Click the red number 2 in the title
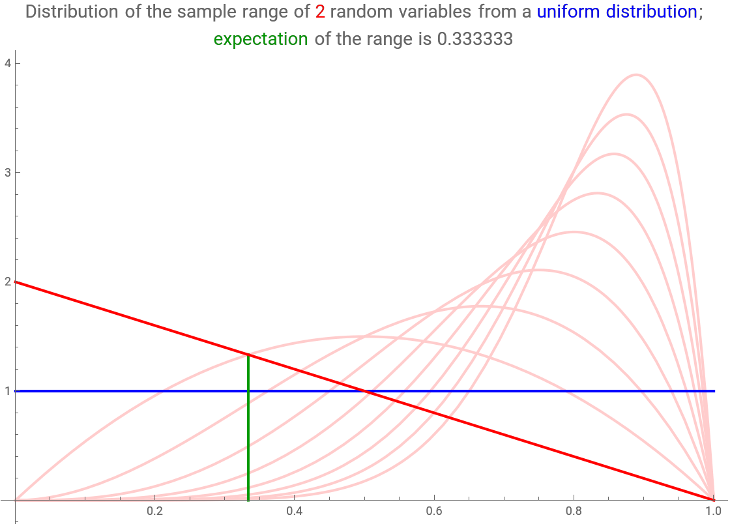(x=320, y=12)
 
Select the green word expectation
(x=261, y=39)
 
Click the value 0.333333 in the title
(x=475, y=39)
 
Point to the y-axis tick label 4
(x=7, y=63)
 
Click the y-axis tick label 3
(x=7, y=172)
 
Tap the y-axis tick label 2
(x=7, y=282)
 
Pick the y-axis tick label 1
(x=7, y=391)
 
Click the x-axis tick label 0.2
(x=154, y=511)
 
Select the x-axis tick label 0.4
(x=294, y=511)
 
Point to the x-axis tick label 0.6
(x=434, y=511)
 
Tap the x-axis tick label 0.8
(x=574, y=511)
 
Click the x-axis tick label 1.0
(x=713, y=511)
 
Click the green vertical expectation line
(x=248, y=428)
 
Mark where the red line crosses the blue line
(x=364, y=391)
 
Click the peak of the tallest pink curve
(x=635, y=74)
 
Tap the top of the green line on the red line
(x=248, y=355)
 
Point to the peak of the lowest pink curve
(x=364, y=336)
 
